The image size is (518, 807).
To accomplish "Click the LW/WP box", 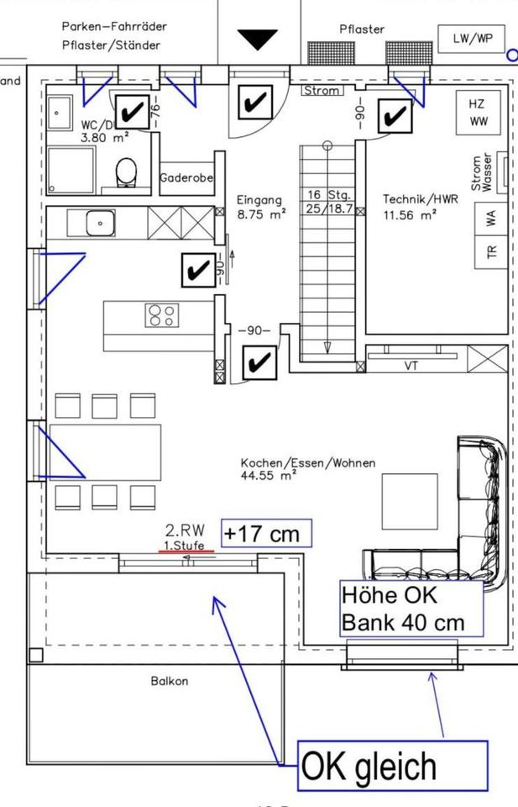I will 473,39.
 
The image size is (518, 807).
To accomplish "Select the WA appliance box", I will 491,218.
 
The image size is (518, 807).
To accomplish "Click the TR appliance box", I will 491,251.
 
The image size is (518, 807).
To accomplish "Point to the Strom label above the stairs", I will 322,91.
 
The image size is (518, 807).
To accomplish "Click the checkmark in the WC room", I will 131,111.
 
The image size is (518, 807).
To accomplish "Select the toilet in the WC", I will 127,173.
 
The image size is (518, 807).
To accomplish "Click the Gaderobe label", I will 186,178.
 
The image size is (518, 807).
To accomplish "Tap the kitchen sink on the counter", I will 100,224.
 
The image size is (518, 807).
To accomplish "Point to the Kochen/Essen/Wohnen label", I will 308,463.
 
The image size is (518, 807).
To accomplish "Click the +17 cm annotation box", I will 266,534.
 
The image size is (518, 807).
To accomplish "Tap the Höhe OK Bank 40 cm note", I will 411,609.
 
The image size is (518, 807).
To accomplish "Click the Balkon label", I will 169,681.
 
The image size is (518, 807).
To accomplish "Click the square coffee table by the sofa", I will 410,501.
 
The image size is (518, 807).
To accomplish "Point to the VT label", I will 411,365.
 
